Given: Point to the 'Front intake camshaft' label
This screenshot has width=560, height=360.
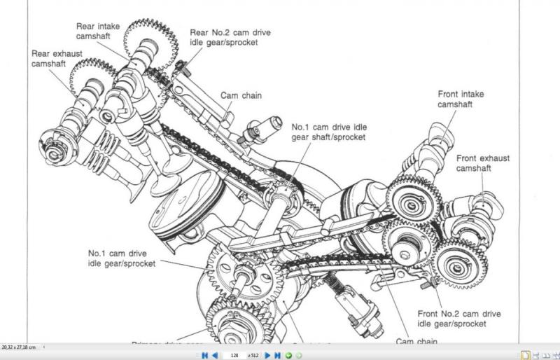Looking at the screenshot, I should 461,99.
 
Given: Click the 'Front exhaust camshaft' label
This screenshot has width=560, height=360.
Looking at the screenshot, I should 483,163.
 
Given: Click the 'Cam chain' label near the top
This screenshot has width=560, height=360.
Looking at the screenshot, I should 241,95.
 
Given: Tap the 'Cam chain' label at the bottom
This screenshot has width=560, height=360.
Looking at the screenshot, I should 417,341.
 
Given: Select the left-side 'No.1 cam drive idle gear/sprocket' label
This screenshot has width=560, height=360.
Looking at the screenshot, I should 121,258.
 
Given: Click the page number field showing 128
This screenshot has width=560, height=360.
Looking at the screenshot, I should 234,355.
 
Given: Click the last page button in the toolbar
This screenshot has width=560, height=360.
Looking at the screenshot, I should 278,355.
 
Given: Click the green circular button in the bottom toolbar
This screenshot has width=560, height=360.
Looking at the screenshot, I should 288,355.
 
